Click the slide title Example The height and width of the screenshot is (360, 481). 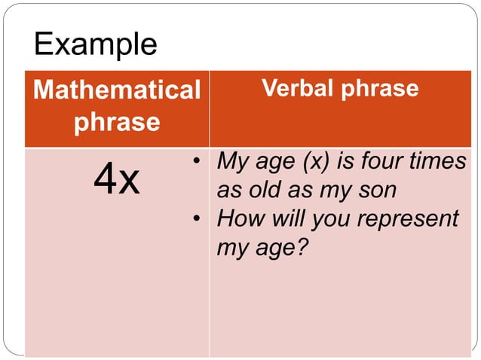(96, 44)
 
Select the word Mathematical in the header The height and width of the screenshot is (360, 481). (117, 90)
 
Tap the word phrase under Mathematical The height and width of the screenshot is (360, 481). (117, 121)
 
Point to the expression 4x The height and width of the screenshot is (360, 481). (117, 180)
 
